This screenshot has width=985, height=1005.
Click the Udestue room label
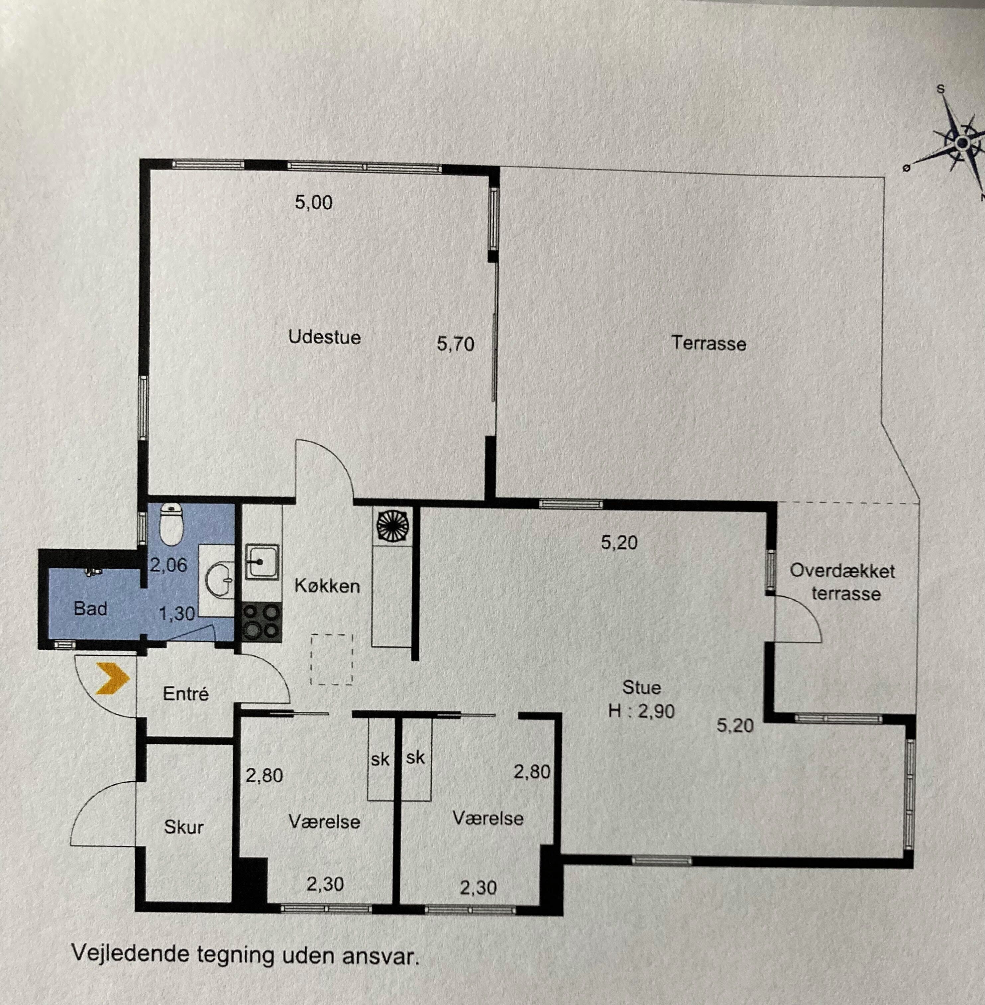coord(324,337)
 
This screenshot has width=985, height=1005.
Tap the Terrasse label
coord(709,343)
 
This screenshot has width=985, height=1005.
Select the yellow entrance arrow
coord(112,678)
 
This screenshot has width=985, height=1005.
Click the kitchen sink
coord(262,561)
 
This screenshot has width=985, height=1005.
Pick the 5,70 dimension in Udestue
coord(455,344)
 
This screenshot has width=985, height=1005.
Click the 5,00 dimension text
coord(313,202)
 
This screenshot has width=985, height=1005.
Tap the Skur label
coord(184,827)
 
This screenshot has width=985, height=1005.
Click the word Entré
coord(186,694)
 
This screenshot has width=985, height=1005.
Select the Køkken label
coord(327,586)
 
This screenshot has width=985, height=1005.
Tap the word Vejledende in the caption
coord(130,953)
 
